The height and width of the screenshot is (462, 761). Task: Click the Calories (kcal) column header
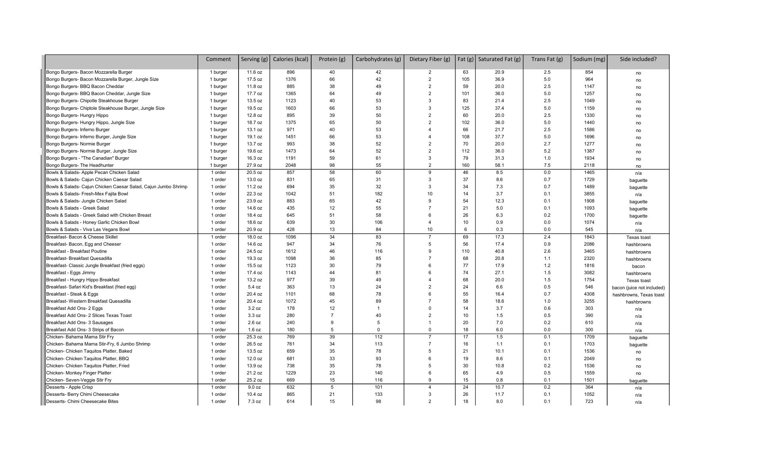click(290, 59)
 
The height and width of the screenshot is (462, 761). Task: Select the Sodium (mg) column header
click(589, 59)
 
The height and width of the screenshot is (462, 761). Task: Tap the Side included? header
click(638, 59)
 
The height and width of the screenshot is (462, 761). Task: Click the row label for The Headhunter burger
click(80, 165)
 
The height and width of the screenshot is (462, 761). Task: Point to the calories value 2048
click(290, 165)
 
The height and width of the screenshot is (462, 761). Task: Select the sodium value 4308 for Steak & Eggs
click(589, 294)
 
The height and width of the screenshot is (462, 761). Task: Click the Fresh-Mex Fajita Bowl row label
click(87, 194)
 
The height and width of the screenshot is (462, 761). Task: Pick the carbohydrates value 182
click(378, 194)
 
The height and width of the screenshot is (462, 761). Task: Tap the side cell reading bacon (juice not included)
click(638, 288)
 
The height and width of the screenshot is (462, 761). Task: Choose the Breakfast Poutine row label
click(76, 251)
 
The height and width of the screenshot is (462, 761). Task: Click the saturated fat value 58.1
click(499, 165)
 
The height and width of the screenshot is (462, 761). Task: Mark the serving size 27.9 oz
click(254, 165)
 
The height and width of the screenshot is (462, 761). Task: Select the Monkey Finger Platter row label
click(78, 373)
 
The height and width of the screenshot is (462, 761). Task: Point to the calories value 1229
click(290, 373)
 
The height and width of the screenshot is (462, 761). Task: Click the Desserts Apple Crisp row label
click(69, 387)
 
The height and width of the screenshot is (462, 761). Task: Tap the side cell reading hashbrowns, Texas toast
click(638, 295)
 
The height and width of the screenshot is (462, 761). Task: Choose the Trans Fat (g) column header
click(547, 59)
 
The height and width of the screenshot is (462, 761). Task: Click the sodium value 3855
click(589, 194)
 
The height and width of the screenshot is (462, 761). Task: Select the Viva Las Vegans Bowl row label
click(88, 229)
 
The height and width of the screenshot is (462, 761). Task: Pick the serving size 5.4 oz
click(254, 287)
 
